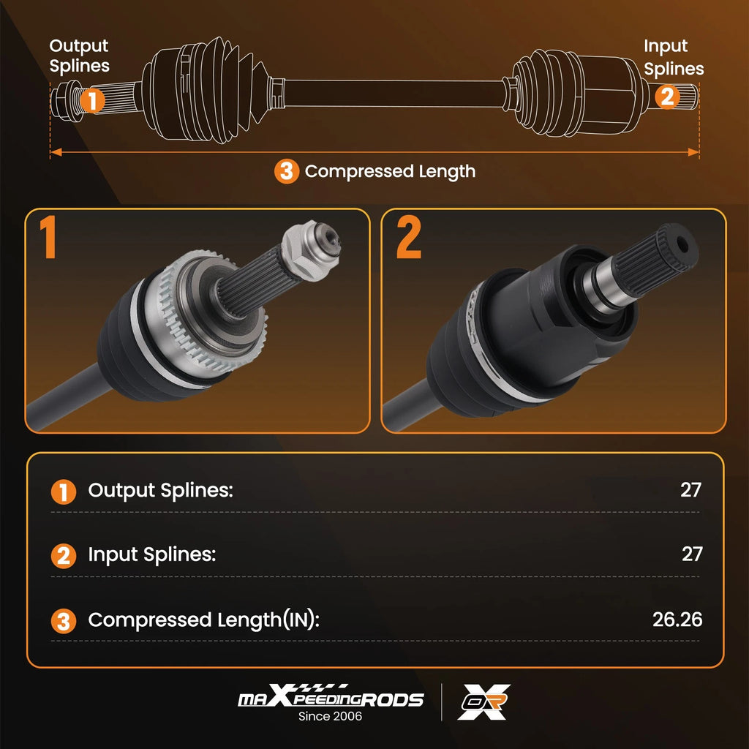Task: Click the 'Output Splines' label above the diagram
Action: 79,56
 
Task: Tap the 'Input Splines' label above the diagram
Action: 674,57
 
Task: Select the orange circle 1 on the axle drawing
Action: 92,99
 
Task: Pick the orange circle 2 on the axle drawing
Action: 667,96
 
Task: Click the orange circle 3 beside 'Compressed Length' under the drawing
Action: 287,171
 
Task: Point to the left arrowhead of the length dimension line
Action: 56,152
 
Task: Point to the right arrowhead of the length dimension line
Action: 693,152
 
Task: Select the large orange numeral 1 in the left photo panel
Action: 48,237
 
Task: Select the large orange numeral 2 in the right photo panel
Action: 409,237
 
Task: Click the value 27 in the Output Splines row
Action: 690,489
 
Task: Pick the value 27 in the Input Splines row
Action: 692,554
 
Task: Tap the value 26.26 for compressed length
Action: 677,620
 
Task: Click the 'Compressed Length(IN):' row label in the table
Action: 203,620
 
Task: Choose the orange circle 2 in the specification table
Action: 64,556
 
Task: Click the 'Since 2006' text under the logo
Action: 330,716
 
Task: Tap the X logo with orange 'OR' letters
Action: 484,701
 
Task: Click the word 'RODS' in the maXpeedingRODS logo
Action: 392,700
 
